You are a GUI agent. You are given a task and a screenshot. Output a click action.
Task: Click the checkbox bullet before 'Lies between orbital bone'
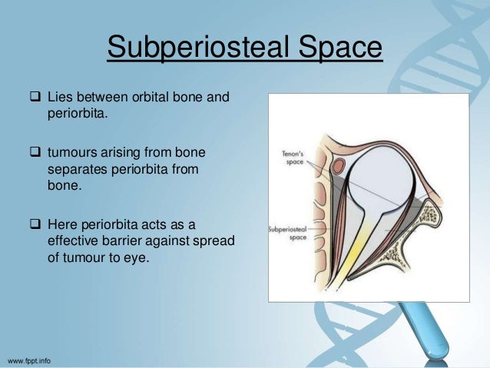click(x=36, y=98)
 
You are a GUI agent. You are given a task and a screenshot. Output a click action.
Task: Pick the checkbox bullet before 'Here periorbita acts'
click(x=36, y=224)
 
